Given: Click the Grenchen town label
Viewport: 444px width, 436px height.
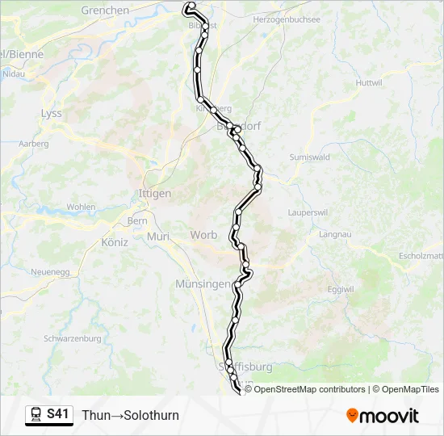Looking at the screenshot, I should click(105, 10).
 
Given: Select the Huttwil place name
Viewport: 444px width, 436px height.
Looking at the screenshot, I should click(368, 83).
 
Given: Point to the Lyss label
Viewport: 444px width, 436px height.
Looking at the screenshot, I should click(51, 114).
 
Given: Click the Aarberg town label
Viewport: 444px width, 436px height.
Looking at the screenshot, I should click(33, 144).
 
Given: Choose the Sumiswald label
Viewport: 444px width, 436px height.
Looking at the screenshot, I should click(310, 157).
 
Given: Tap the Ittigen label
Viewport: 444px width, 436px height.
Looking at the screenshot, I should click(155, 194).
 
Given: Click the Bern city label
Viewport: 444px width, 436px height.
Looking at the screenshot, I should click(136, 220).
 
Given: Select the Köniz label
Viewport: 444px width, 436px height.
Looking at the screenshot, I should click(115, 241).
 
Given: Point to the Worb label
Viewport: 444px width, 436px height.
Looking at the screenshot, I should click(203, 235).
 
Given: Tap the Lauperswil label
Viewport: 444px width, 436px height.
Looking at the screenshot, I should click(307, 212).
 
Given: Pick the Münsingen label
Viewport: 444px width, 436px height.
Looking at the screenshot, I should click(202, 284).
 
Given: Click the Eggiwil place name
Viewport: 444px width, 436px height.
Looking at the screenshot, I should click(341, 289).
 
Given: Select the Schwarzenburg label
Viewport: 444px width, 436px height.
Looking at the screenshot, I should click(71, 338).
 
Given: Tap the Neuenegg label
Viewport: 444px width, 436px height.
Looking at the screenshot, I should click(48, 273).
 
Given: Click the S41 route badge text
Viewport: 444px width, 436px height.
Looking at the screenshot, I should click(58, 415).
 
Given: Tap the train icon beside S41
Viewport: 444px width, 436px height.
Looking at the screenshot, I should click(36, 415).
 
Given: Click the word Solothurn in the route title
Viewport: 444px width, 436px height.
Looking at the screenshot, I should click(149, 416).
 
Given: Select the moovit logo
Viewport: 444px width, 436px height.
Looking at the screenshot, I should click(383, 416).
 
